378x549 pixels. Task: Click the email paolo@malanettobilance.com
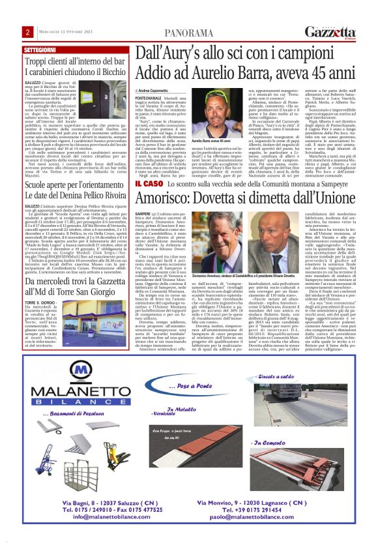point(280,534)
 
